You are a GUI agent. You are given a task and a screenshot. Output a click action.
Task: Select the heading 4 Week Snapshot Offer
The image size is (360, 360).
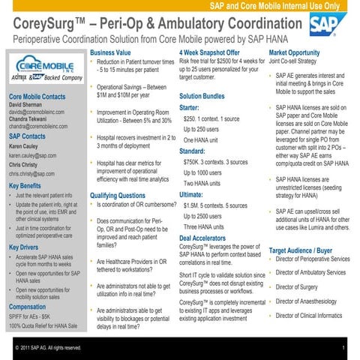[210, 53]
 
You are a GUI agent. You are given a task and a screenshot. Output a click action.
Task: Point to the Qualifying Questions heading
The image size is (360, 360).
[118, 196]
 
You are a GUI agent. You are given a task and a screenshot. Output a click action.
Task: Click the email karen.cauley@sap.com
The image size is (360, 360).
[32, 155]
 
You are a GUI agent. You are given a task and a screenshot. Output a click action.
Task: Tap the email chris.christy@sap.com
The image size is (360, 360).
[31, 173]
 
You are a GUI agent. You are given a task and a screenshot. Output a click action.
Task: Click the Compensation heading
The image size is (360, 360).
[28, 307]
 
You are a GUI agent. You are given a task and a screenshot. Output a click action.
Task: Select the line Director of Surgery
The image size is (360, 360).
[301, 286]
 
